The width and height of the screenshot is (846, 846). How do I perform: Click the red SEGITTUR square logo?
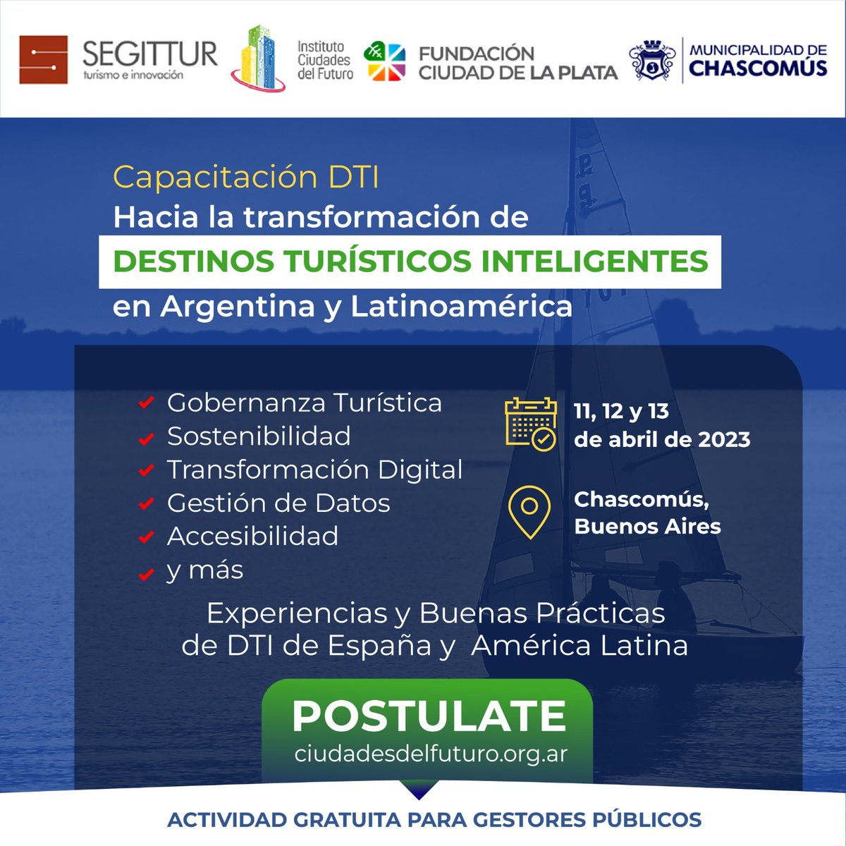44,60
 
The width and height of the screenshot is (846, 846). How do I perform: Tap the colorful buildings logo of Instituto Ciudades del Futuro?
258,59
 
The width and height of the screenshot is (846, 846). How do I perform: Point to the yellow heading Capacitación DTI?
246,177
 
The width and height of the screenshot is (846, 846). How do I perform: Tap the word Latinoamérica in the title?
462,307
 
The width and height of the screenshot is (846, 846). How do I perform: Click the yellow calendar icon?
530,424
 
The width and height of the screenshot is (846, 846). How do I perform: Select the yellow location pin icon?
529,512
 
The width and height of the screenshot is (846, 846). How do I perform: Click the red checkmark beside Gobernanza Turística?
146,403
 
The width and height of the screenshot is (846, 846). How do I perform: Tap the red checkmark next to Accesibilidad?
146,537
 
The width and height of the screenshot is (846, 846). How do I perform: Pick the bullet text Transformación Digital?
314,470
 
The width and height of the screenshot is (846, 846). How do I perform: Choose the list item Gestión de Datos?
278,503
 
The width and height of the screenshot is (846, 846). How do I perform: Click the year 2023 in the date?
724,440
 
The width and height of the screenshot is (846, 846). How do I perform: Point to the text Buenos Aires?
647,527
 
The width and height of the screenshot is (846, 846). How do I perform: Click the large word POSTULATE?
429,716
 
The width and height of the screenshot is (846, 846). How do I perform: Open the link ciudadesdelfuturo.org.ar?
431,754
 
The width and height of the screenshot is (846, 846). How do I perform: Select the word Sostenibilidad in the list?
259,436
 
